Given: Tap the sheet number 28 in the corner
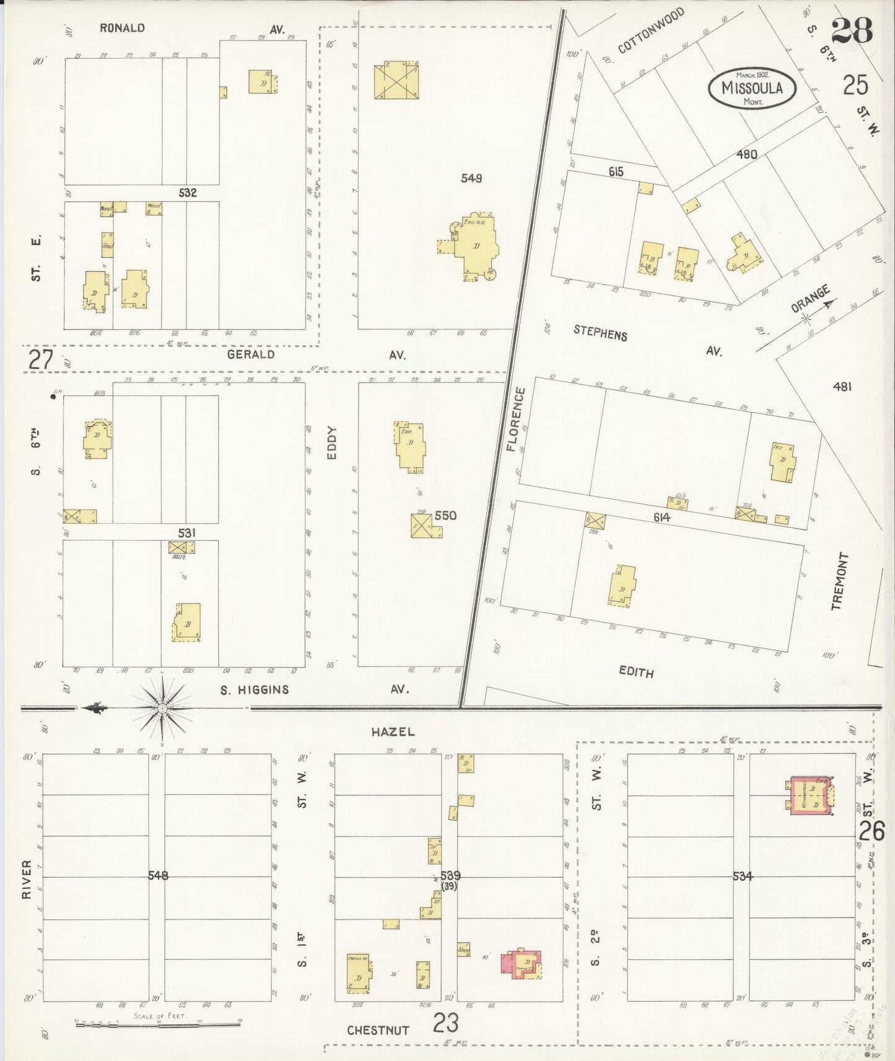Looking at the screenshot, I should (x=852, y=29).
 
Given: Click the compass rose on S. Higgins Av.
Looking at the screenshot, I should (x=162, y=707).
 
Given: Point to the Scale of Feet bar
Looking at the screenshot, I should (x=157, y=1024).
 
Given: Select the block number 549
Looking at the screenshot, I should (x=471, y=178).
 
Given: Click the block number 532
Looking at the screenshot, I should (x=187, y=193).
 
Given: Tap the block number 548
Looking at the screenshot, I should (x=158, y=875).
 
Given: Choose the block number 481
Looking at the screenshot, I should (x=842, y=387).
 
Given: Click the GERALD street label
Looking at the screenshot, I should (x=250, y=354).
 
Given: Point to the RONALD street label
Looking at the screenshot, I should (x=122, y=28).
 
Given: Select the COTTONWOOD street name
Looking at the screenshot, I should (x=650, y=30).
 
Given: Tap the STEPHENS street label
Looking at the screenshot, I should (x=600, y=333).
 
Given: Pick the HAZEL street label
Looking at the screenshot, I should (x=393, y=732).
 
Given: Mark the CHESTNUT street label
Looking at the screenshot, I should (x=378, y=1031).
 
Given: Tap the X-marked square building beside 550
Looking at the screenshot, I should (x=422, y=526).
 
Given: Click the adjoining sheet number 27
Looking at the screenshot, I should (x=41, y=359).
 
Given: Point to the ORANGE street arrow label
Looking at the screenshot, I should (x=812, y=300).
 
